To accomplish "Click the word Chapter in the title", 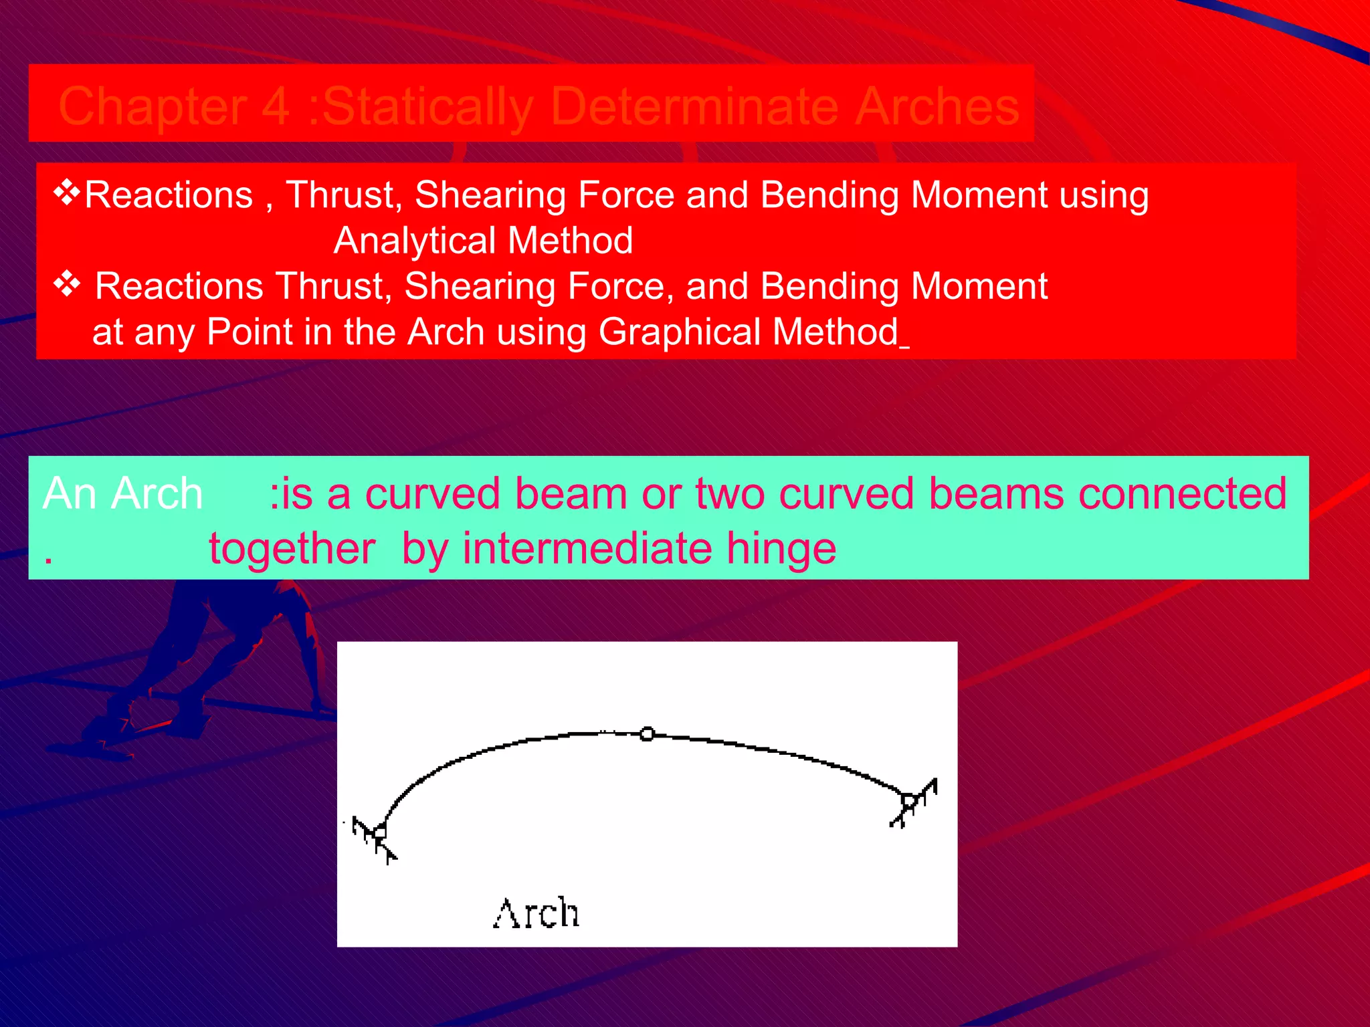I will (153, 107).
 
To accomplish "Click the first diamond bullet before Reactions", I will (67, 193).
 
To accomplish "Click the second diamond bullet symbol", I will (67, 285).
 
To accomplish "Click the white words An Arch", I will (122, 494).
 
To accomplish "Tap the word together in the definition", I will (292, 548).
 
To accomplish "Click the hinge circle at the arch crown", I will (647, 734).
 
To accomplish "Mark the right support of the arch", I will (909, 801).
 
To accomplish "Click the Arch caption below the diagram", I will (536, 913).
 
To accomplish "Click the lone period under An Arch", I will (48, 561).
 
